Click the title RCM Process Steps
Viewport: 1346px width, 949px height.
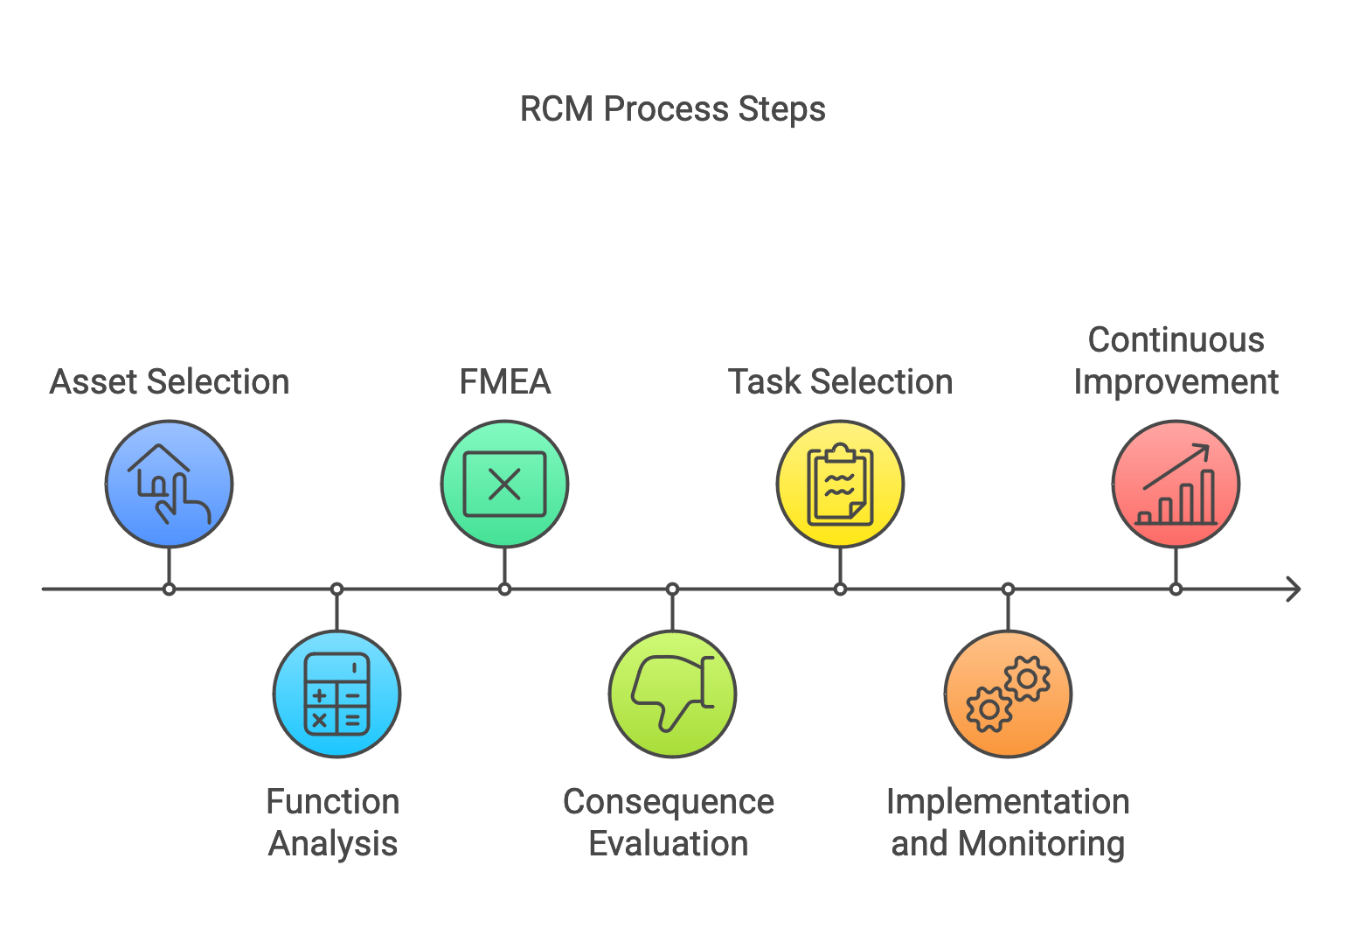[672, 109]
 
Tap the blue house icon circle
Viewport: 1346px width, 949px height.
[169, 484]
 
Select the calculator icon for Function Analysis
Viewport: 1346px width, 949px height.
[336, 694]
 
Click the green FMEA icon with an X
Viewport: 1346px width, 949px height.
[504, 484]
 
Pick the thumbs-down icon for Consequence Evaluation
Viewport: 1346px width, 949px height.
[672, 694]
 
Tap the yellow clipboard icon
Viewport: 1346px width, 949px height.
[840, 484]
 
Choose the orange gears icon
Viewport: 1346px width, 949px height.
[1008, 694]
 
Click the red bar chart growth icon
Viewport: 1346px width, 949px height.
[1176, 484]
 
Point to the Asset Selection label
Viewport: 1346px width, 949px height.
[169, 382]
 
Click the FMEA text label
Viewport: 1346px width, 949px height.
[504, 382]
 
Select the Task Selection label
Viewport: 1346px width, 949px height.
[840, 382]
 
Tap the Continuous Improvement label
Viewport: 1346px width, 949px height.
[1176, 361]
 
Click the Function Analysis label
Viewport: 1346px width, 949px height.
[333, 822]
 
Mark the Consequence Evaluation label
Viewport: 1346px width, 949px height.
[669, 822]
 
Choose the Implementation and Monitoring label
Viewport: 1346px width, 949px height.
[1008, 822]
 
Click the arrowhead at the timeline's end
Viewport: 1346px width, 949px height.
[1295, 590]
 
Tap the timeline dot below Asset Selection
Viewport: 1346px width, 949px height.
[169, 590]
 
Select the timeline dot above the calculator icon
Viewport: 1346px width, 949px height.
[336, 590]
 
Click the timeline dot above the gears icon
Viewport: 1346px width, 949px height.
[1008, 590]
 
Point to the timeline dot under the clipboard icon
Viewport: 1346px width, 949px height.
[840, 590]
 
